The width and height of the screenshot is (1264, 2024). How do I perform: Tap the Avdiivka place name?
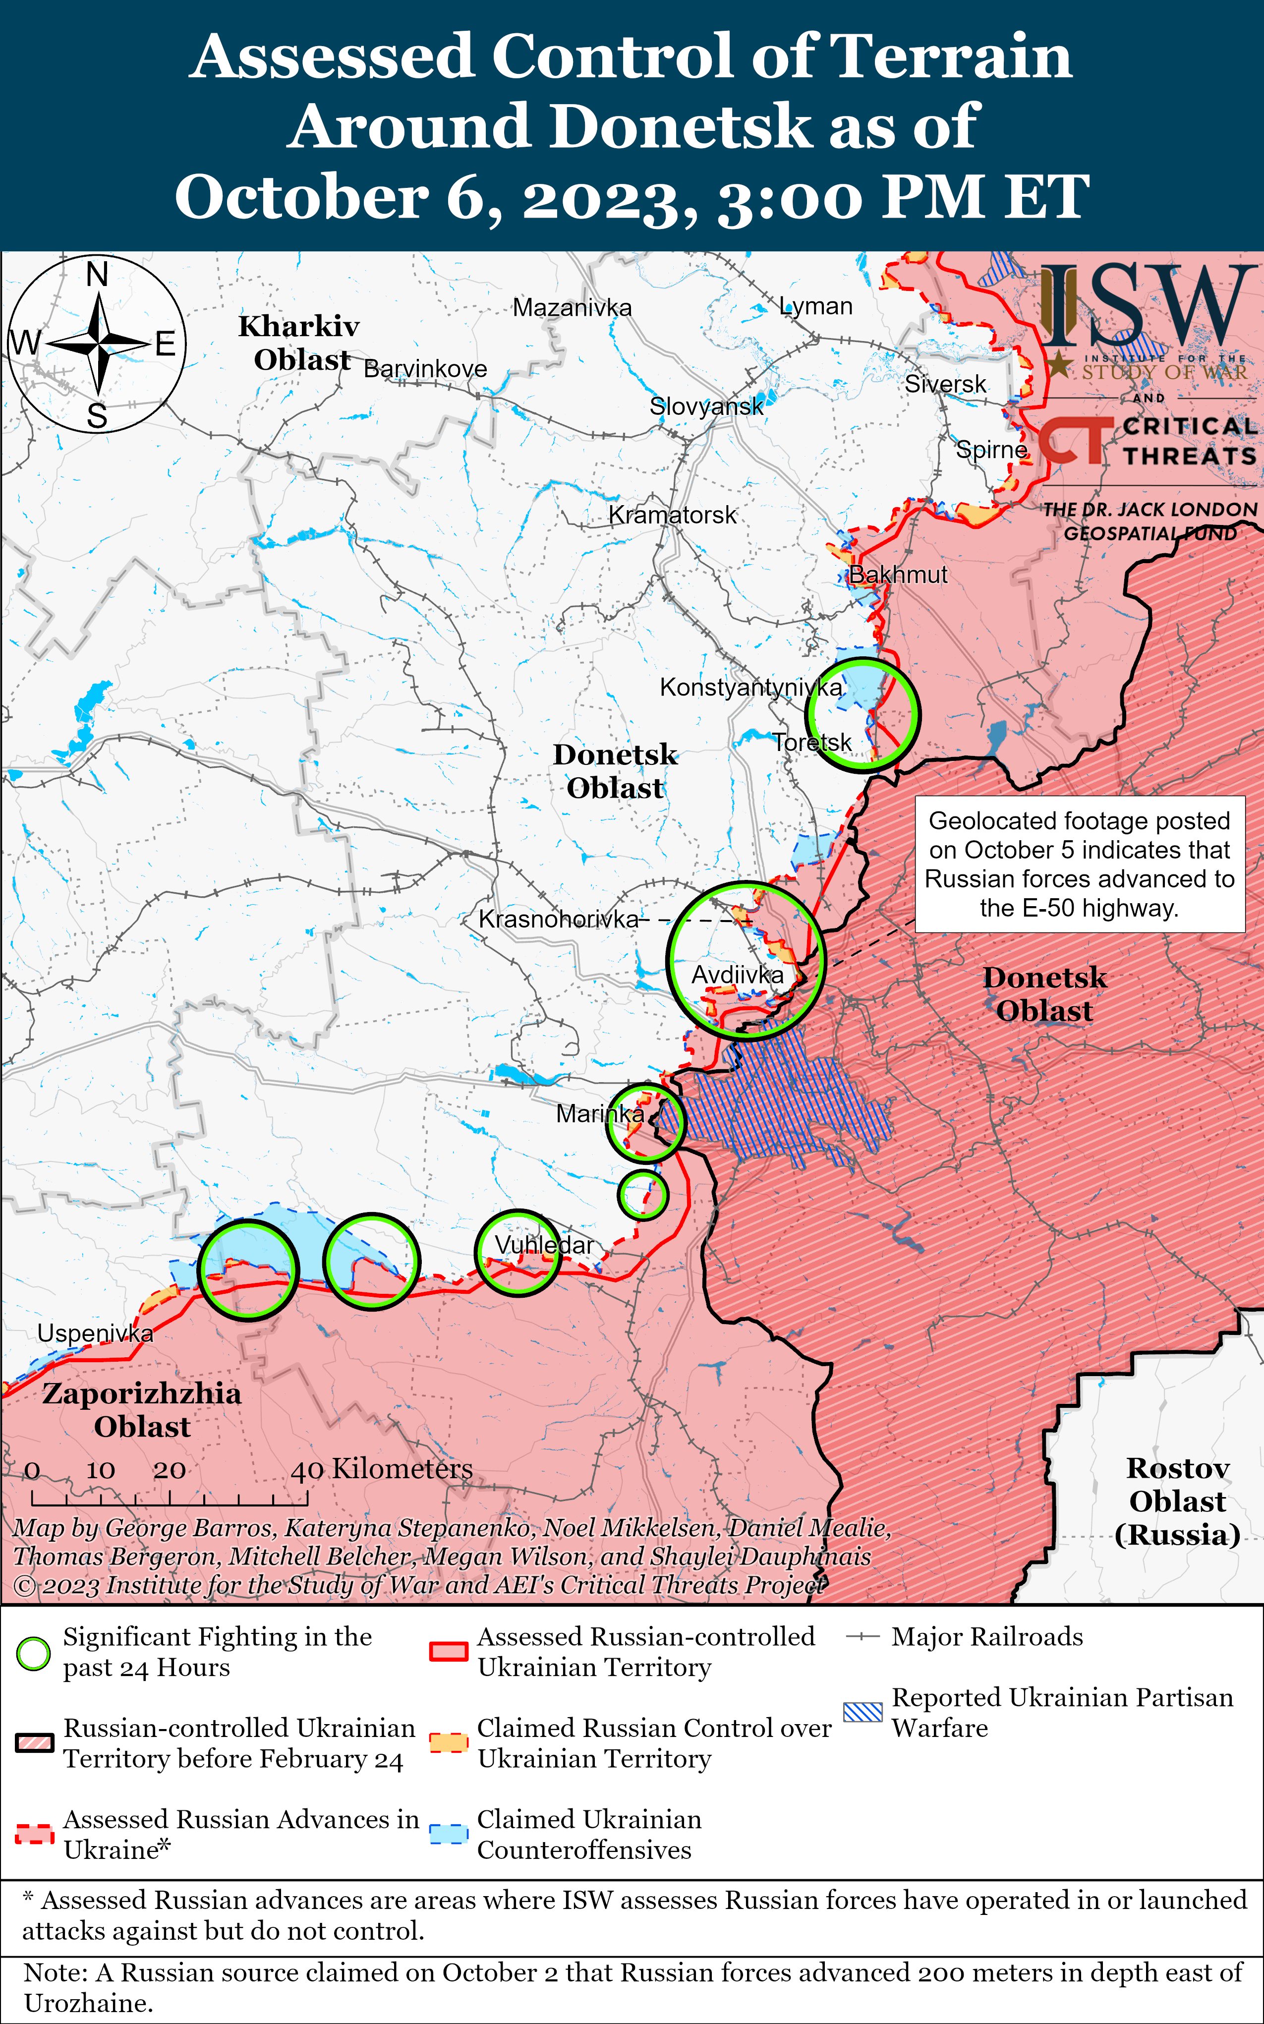tap(738, 974)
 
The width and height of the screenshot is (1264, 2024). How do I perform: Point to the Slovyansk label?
tap(706, 406)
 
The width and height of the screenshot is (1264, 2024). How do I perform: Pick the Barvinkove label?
tap(425, 369)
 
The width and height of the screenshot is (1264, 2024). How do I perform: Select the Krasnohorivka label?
tap(558, 920)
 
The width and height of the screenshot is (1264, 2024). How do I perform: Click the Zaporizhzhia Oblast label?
tap(142, 1409)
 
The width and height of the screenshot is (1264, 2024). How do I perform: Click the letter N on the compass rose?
tap(98, 274)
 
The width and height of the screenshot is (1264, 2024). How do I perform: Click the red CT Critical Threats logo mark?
tap(1074, 441)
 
